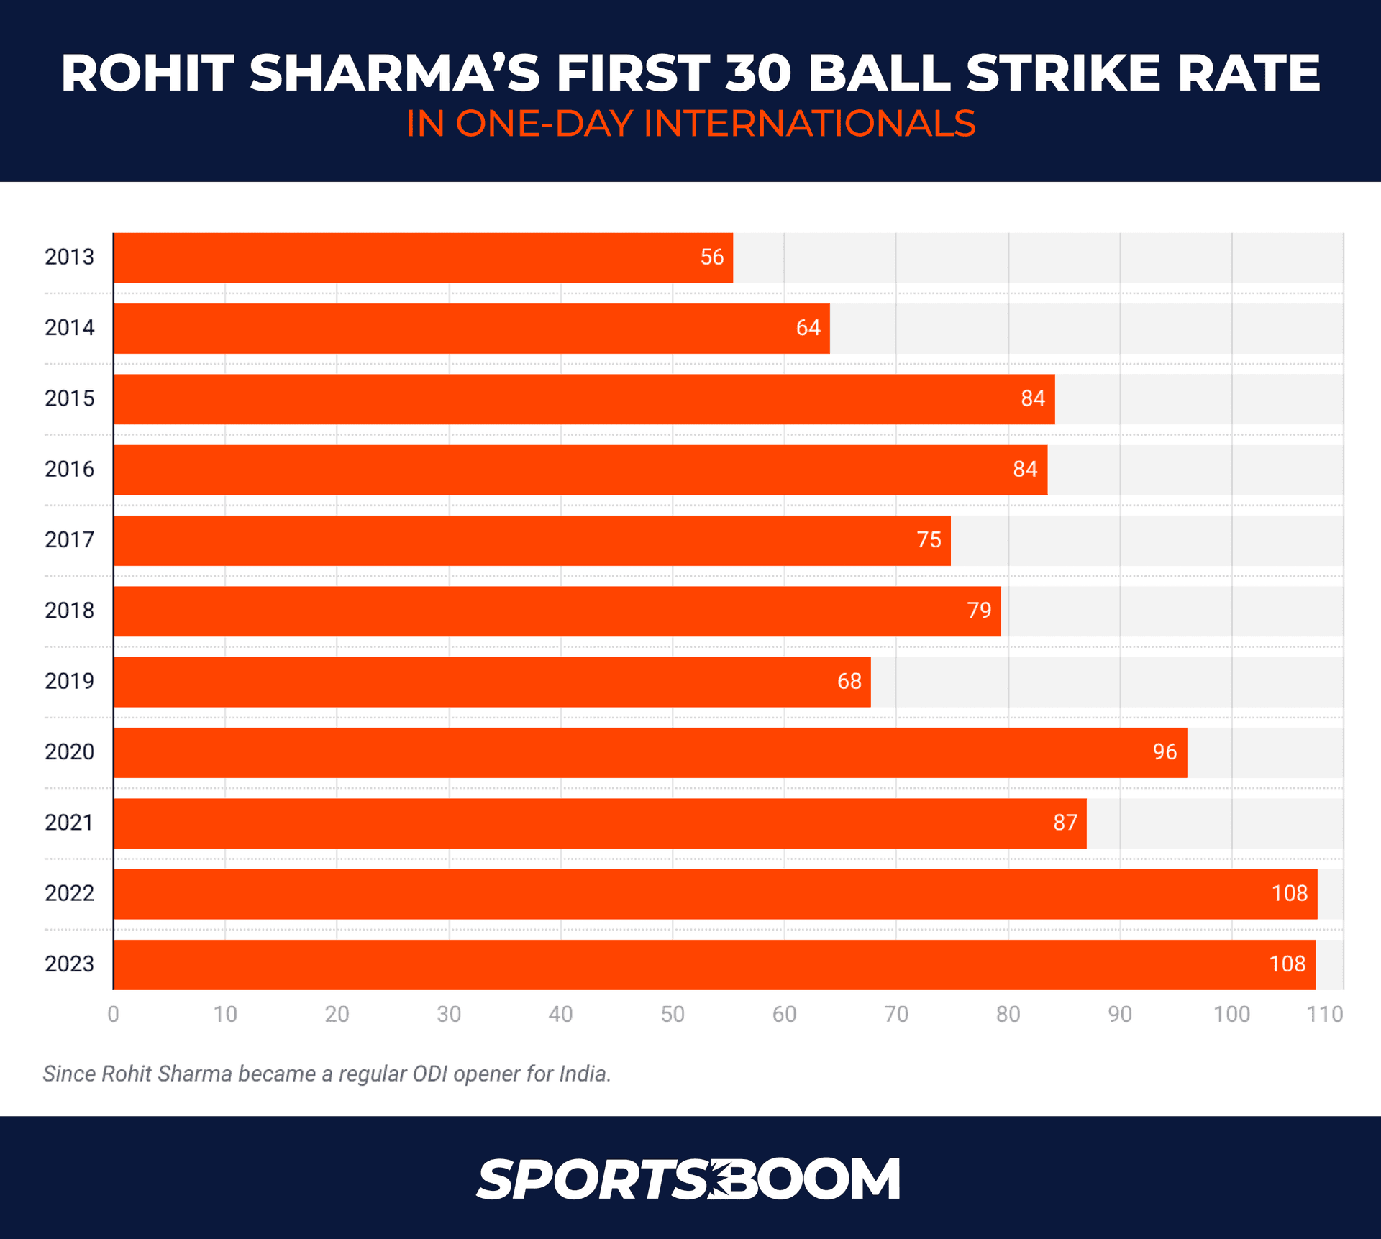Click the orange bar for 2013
click(x=423, y=257)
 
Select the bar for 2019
click(x=492, y=682)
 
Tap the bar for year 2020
click(x=650, y=752)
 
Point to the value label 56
click(x=711, y=257)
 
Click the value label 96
click(x=1164, y=752)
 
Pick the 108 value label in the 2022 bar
click(x=1289, y=894)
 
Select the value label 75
click(x=929, y=540)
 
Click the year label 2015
click(x=69, y=398)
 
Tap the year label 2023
click(x=69, y=964)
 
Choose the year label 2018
click(x=69, y=611)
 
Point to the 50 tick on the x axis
click(x=673, y=1015)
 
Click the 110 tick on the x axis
click(x=1324, y=1015)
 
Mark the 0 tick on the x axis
click(x=114, y=1015)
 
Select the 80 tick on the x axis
click(x=1008, y=1015)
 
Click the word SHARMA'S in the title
click(x=394, y=73)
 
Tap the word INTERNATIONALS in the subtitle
click(x=809, y=124)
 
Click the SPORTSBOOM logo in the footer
click(x=688, y=1179)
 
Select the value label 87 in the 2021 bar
click(x=1065, y=823)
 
